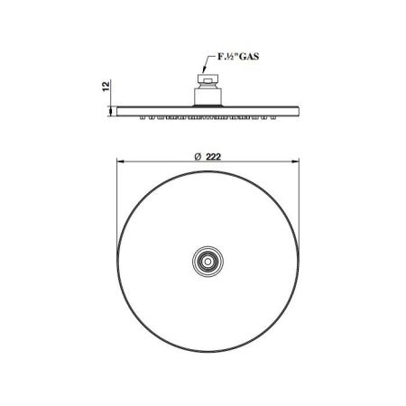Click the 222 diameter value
pos(214,156)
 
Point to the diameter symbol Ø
pos(198,156)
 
